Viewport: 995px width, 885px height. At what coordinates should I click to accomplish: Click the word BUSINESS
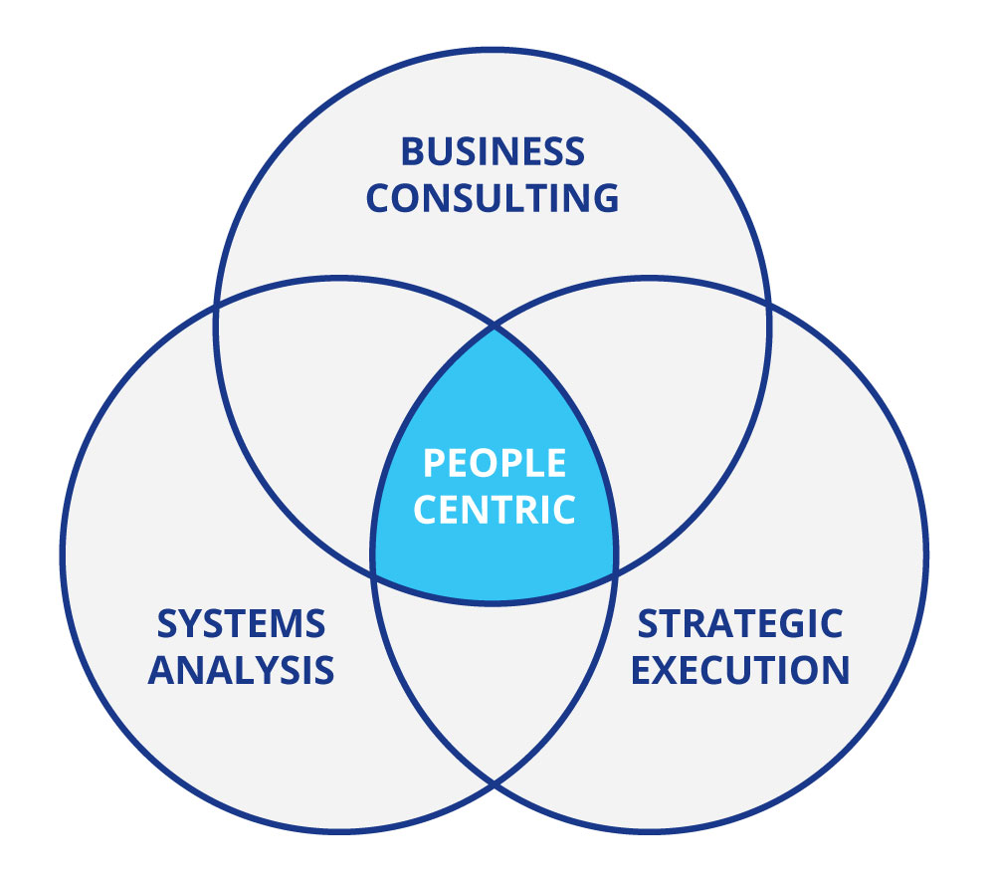pos(493,152)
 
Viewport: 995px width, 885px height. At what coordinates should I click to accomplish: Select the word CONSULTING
pos(493,197)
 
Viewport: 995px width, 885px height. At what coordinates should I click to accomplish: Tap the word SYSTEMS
pos(241,624)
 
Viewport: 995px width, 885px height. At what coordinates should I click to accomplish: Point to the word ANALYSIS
pos(241,669)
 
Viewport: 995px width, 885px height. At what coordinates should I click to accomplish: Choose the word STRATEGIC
pos(740,624)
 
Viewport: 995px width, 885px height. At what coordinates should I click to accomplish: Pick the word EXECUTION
pos(740,669)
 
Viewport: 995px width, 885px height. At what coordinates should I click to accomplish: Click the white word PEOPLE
pos(494,464)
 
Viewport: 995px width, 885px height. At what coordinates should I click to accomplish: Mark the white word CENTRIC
pos(494,510)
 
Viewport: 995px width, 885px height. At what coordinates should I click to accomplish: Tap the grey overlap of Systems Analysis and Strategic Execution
pos(494,677)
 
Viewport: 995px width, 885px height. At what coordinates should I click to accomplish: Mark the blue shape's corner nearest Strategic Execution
pos(615,572)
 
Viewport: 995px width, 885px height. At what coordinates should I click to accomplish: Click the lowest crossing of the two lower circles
pos(494,783)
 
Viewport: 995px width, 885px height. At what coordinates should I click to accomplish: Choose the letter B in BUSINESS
pos(412,152)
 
